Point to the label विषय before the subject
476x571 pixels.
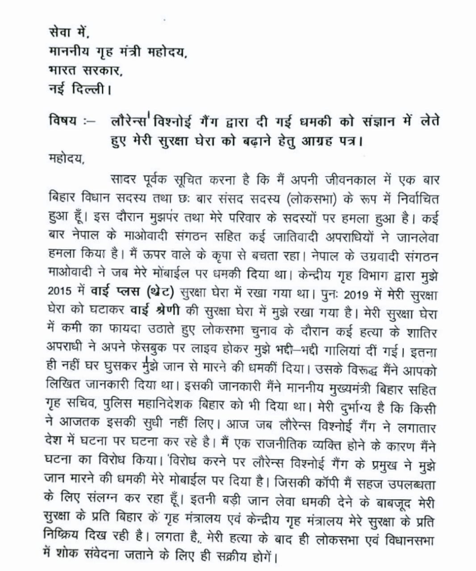coord(63,121)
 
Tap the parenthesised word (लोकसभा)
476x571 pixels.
coord(313,199)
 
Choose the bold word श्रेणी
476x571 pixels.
coord(164,310)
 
